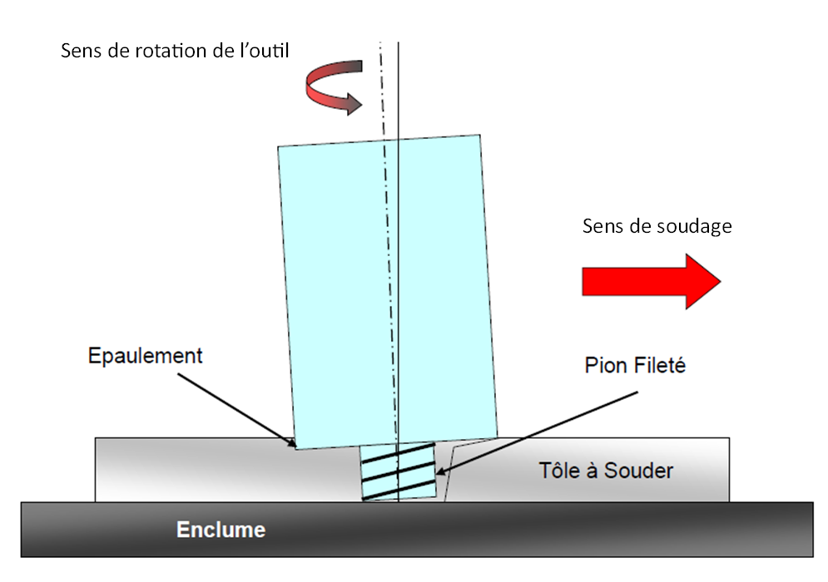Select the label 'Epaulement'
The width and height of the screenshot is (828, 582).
coord(145,357)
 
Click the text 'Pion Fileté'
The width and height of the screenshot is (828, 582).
coord(635,365)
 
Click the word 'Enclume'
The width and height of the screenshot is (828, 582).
coord(221,529)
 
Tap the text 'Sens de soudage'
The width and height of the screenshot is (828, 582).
coord(657,226)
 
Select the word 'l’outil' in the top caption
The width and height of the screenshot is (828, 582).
coord(259,50)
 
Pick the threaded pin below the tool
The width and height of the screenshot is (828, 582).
coord(399,471)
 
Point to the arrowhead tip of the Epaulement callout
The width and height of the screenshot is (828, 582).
coord(294,446)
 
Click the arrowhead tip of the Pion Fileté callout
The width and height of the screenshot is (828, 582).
coord(437,474)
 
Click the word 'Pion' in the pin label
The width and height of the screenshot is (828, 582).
coord(603,365)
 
